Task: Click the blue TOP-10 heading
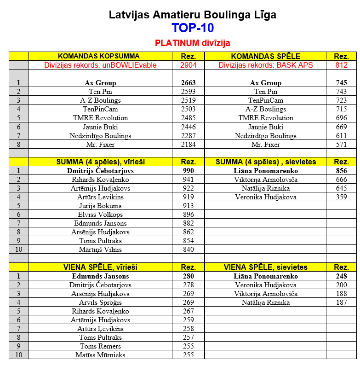click(192, 28)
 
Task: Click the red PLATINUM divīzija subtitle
click(192, 43)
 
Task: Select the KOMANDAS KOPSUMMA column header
click(100, 56)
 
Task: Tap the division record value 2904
click(188, 65)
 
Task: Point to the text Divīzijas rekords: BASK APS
click(265, 65)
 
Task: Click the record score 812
click(341, 65)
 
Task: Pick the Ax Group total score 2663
click(188, 83)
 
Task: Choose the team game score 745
click(341, 83)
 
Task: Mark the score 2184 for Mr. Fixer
click(188, 145)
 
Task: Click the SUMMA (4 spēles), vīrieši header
click(100, 162)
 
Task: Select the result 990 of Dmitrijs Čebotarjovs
click(188, 171)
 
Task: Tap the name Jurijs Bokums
click(100, 206)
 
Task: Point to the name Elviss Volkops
click(100, 215)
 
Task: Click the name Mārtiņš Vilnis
click(100, 250)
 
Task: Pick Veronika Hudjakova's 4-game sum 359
click(341, 197)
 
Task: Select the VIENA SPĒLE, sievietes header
click(265, 267)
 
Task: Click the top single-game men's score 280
click(188, 276)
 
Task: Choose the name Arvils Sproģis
click(100, 302)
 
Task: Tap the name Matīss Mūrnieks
click(100, 355)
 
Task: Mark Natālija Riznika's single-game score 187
click(341, 302)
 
